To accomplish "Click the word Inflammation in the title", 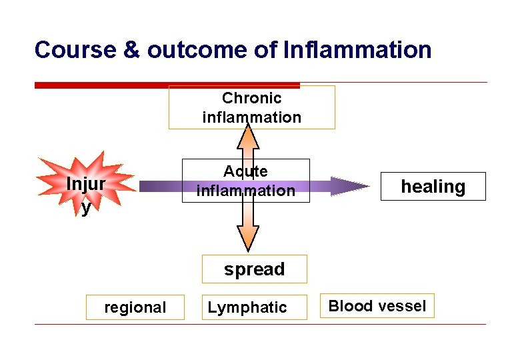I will point(357,50).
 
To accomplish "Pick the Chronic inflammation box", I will point(251,107).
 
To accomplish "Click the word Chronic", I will point(251,99).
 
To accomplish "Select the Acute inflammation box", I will point(246,181).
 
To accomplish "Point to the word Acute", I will point(245,171).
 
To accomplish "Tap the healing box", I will point(433,187).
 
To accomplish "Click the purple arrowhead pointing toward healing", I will point(347,186).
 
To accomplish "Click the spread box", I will point(254,269).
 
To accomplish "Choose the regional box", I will point(135,307).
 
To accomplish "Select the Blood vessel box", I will point(377,306).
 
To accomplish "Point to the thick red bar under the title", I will point(167,85).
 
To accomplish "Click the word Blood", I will point(347,306).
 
